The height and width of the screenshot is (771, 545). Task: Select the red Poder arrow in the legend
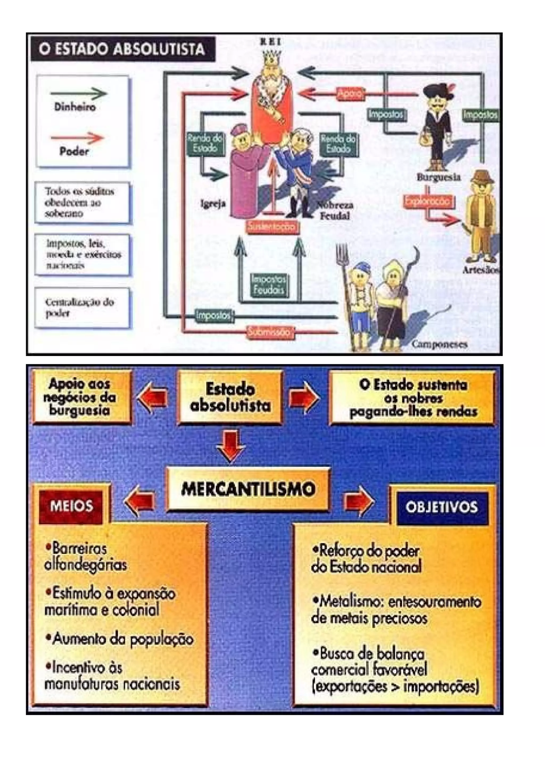77,138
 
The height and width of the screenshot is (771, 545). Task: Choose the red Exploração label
428,201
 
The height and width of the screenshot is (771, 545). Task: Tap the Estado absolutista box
230,398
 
